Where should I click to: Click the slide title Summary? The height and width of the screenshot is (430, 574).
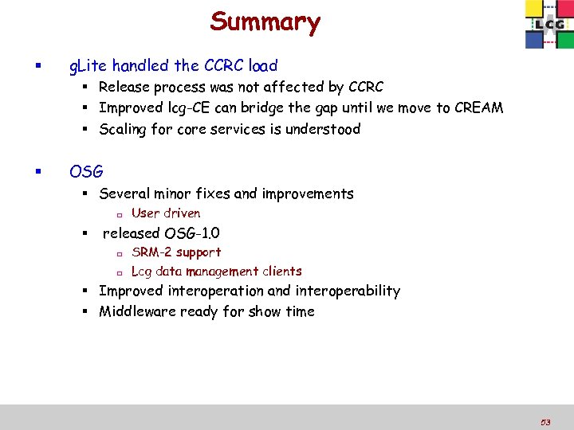(x=265, y=21)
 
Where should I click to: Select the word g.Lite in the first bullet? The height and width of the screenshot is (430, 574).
(x=88, y=65)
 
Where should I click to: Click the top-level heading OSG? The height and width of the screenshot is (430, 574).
(x=86, y=171)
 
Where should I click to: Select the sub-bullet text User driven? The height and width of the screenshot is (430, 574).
(x=166, y=213)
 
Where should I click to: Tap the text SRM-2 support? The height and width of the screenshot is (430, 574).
(x=176, y=252)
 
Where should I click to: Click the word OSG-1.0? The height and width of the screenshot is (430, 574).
(x=192, y=233)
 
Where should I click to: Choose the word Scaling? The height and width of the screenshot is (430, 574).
(x=124, y=129)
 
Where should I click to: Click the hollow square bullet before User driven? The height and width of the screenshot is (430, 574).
(x=116, y=214)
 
